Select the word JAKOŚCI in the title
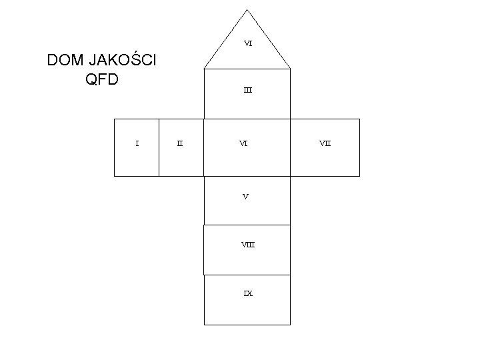tap(123, 61)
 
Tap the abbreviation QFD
tap(102, 79)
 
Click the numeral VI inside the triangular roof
tap(247, 43)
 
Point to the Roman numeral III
tap(247, 90)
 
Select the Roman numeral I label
tap(137, 142)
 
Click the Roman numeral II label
tap(180, 142)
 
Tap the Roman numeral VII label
tap(325, 142)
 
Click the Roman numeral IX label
tap(247, 293)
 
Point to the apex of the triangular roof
tap(247, 9)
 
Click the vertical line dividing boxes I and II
tap(159, 147)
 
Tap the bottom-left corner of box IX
tap(203, 324)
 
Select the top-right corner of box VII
tap(359, 119)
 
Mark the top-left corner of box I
tap(115, 119)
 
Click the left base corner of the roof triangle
tap(203, 69)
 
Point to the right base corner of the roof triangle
tap(291, 69)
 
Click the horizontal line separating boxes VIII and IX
tap(247, 275)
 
